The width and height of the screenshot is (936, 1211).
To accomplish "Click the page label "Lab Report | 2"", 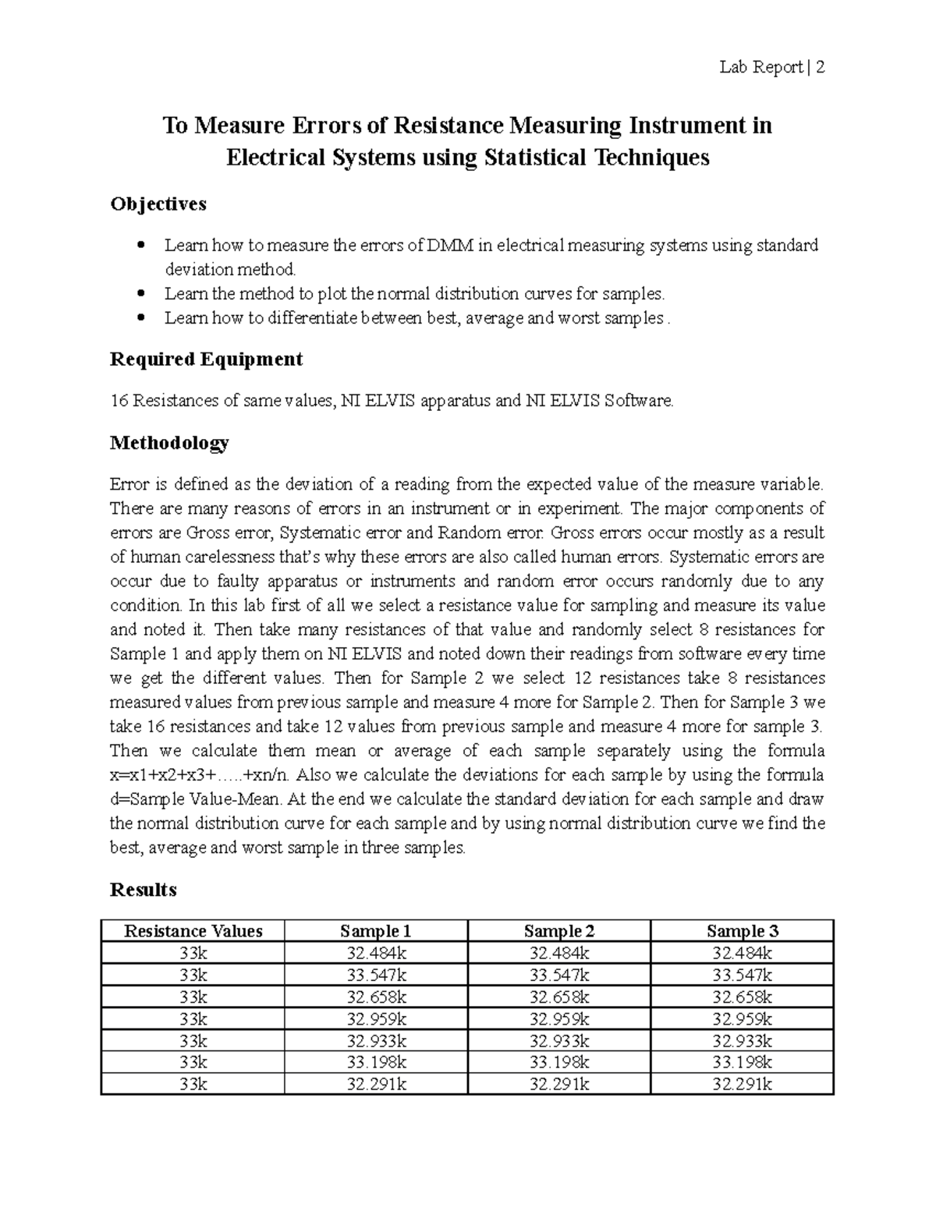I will tap(771, 68).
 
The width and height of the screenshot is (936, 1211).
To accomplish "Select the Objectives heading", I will tap(158, 204).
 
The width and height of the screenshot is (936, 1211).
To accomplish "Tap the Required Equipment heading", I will tap(206, 359).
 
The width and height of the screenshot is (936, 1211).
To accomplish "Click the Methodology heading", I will tap(169, 444).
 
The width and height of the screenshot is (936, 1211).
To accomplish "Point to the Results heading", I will tap(144, 890).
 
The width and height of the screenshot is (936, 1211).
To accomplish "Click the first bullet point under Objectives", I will tap(140, 246).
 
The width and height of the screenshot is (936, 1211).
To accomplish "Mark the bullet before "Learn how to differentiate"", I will tap(140, 318).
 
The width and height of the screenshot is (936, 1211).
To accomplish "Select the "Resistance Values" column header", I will tap(193, 930).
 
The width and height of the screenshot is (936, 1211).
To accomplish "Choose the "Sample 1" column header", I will tap(375, 930).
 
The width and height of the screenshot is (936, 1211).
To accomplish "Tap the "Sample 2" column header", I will tap(559, 930).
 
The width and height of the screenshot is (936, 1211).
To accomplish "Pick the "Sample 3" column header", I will tap(742, 930).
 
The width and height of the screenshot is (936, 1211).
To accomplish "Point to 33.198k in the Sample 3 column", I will tap(742, 1061).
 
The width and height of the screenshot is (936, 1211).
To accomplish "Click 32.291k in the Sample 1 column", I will tap(376, 1083).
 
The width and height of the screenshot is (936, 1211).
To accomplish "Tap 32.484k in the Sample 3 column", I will tap(742, 953).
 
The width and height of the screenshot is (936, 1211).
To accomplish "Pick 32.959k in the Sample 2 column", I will tap(559, 1018).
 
